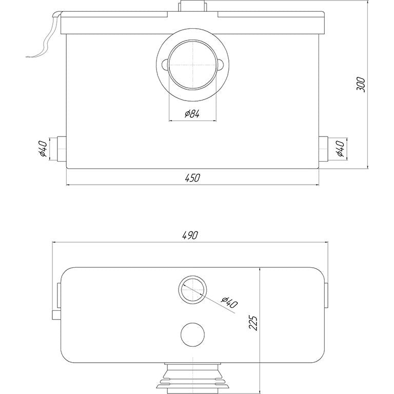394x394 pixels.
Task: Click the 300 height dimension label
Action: pos(361,85)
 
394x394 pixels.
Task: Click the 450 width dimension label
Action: pos(193,178)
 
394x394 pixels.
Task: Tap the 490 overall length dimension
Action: pos(190,235)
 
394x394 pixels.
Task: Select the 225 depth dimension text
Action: pos(253,323)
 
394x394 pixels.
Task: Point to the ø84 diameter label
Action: pos(192,114)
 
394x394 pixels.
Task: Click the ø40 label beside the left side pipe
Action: pos(43,148)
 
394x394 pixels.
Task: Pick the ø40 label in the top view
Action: pos(229,303)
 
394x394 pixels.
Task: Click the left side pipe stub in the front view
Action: pos(62,149)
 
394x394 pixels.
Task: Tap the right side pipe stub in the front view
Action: pos(323,149)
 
